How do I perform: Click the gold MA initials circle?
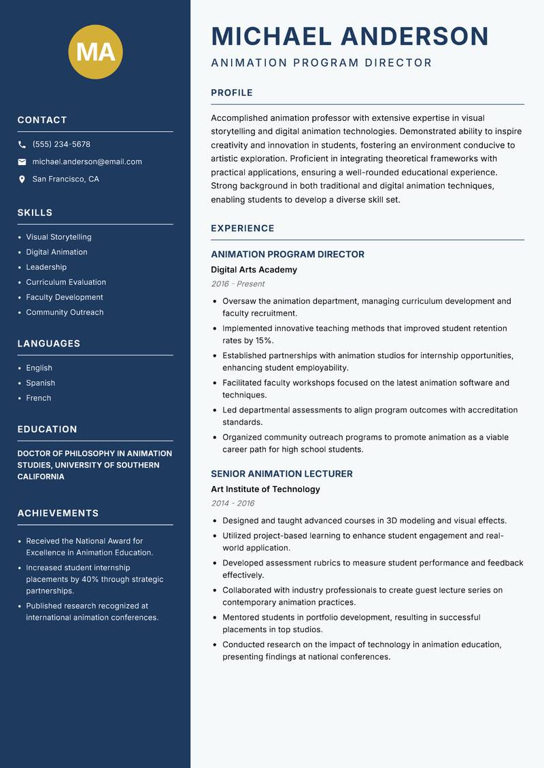pyautogui.click(x=96, y=52)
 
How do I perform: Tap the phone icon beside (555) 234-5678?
pyautogui.click(x=22, y=145)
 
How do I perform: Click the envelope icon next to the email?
pyautogui.click(x=22, y=162)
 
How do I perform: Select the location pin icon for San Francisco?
pyautogui.click(x=22, y=179)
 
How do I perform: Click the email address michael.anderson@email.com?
pyautogui.click(x=87, y=162)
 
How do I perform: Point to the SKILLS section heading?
pyautogui.click(x=35, y=213)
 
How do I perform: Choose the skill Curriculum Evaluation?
pyautogui.click(x=66, y=282)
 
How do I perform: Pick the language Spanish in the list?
pyautogui.click(x=41, y=383)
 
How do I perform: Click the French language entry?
pyautogui.click(x=39, y=398)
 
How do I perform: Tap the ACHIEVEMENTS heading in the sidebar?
pyautogui.click(x=58, y=513)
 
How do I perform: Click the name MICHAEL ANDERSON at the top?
pyautogui.click(x=350, y=36)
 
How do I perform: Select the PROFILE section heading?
pyautogui.click(x=232, y=93)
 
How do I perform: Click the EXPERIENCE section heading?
pyautogui.click(x=243, y=228)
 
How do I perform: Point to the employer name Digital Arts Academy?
pyautogui.click(x=254, y=270)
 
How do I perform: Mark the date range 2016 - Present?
pyautogui.click(x=238, y=284)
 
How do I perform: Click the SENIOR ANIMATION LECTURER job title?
pyautogui.click(x=282, y=474)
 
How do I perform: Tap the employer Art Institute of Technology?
pyautogui.click(x=265, y=489)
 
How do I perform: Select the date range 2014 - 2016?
pyautogui.click(x=233, y=504)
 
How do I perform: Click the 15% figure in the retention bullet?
pyautogui.click(x=265, y=341)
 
